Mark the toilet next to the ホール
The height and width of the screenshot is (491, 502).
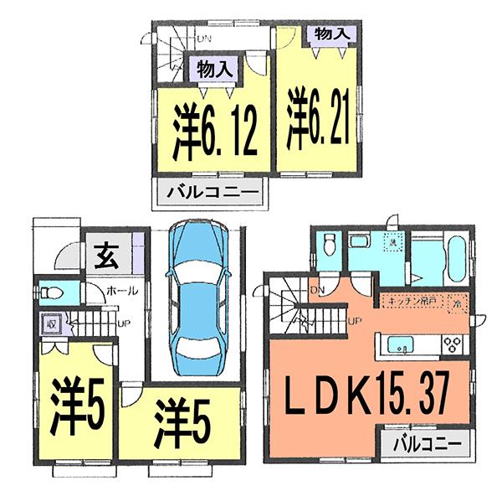(54, 292)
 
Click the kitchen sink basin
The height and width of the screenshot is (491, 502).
(399, 344)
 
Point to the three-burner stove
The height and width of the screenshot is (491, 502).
(455, 344)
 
